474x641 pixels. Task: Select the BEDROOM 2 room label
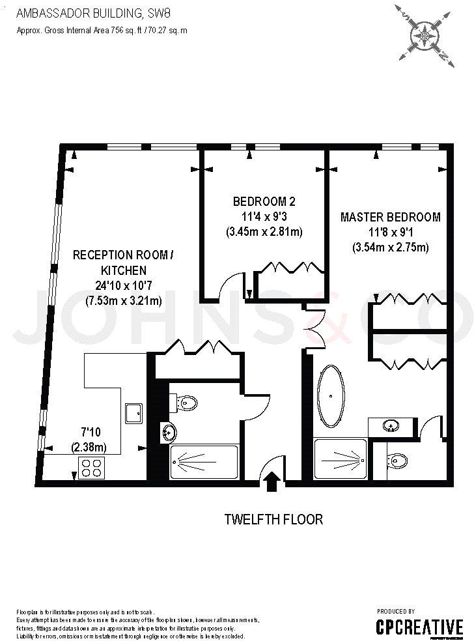(264, 201)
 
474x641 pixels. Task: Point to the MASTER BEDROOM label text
(390, 217)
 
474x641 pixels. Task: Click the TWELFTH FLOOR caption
(273, 519)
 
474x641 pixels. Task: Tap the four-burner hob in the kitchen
(91, 466)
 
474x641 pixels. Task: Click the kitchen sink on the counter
(135, 412)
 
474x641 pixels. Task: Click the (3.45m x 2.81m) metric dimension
(264, 231)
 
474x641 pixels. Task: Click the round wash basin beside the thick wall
(168, 431)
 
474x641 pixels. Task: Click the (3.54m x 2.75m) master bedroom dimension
(390, 247)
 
